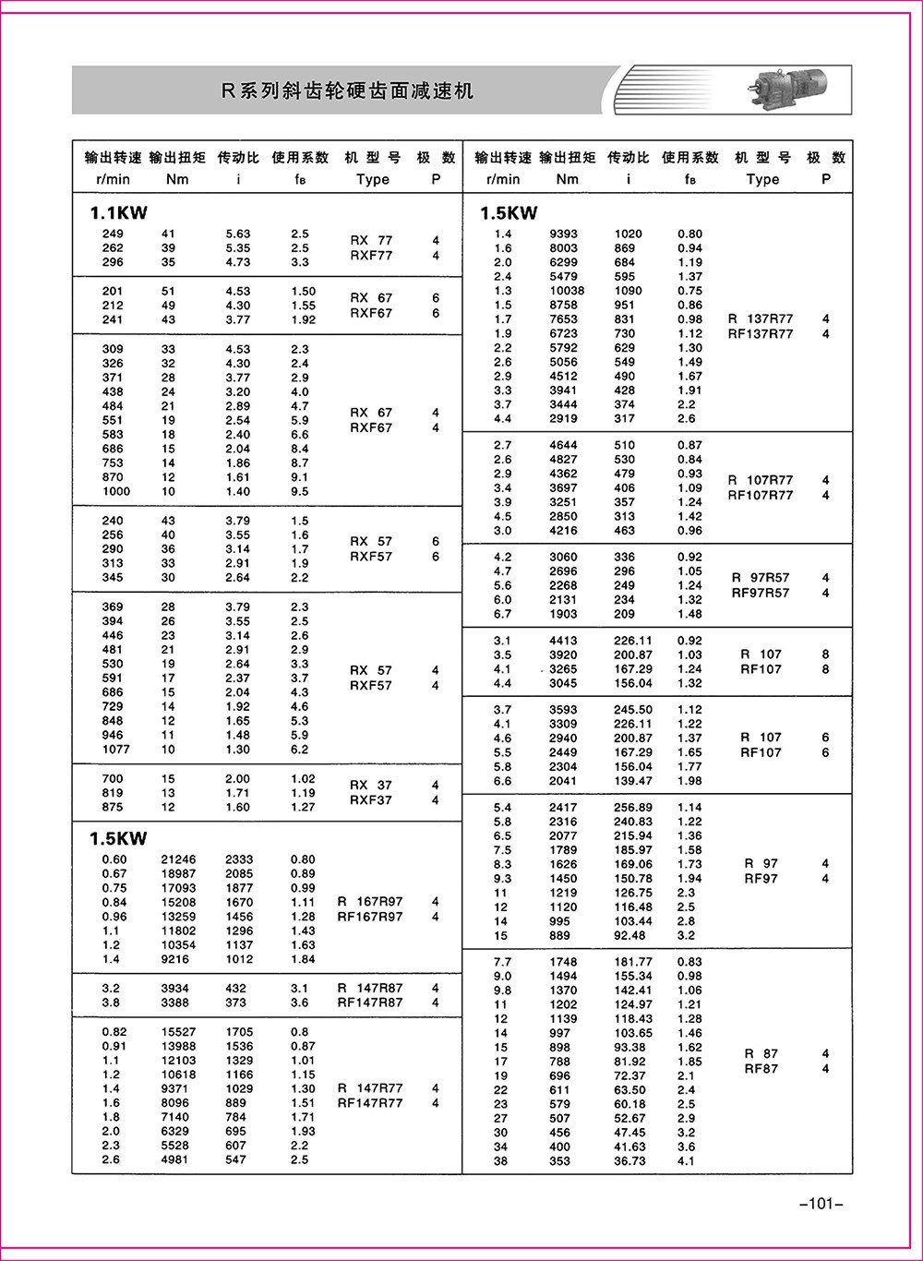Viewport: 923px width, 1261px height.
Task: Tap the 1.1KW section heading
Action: tap(118, 213)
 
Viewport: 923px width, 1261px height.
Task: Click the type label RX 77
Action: tap(371, 241)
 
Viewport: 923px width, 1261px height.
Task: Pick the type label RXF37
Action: tap(371, 800)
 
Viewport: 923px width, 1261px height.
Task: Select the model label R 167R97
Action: tap(370, 902)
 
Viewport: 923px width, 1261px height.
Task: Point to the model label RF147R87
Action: tap(370, 1003)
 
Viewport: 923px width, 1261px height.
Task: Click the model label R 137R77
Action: tap(761, 319)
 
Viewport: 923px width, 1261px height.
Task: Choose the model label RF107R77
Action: tap(761, 496)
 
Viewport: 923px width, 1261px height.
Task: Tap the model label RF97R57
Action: tap(761, 593)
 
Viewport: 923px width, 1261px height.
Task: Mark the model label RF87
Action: tap(761, 1069)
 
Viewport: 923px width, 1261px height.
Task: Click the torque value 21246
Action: tap(175, 859)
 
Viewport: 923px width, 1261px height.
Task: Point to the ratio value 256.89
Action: tap(633, 808)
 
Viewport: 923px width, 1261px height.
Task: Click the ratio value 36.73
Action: tap(629, 1161)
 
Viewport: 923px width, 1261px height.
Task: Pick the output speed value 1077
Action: tap(116, 750)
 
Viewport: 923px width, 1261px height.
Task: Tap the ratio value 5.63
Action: tap(238, 234)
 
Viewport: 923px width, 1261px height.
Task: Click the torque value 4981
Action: tap(175, 1159)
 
